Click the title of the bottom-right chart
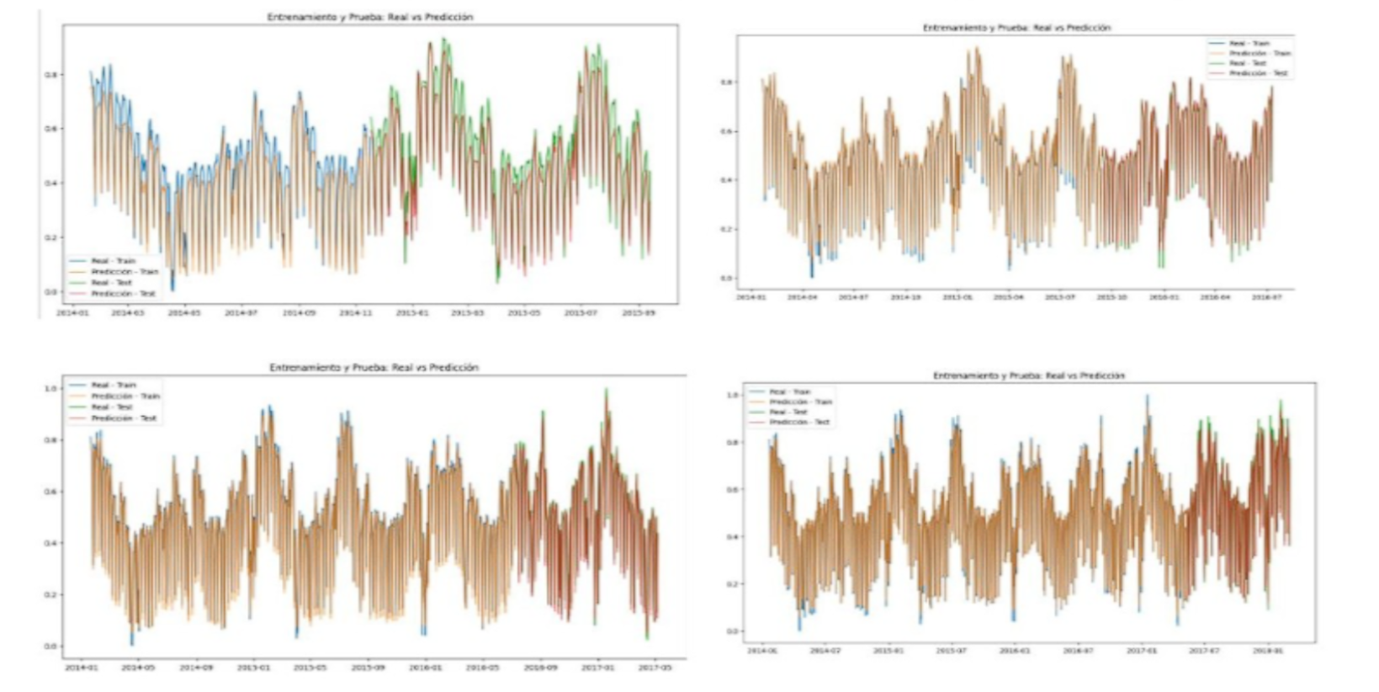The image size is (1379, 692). pos(1028,375)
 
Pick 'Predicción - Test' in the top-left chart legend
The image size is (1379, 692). pos(123,294)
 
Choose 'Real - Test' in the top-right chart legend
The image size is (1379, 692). pos(1247,63)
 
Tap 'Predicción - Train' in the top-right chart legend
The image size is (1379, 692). pos(1260,53)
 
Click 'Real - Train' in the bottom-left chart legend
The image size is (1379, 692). pos(113,385)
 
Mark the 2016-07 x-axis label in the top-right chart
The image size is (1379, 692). pos(1265,297)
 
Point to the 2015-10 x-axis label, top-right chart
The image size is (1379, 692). pos(1112,297)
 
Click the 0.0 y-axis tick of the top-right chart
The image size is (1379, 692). pos(725,278)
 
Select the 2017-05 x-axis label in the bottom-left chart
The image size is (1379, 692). pos(655,668)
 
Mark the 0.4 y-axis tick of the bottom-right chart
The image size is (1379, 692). pos(731,537)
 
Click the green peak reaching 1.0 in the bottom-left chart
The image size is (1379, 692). pos(606,390)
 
